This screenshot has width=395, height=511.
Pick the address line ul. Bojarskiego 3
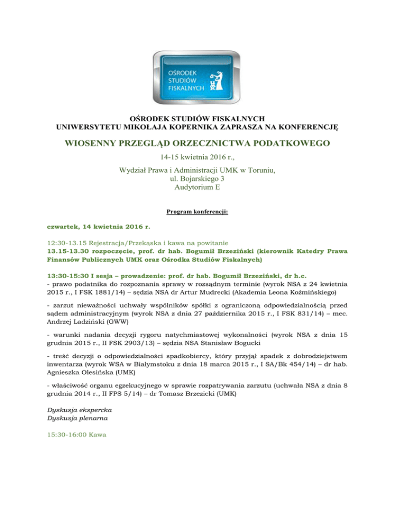coord(197,179)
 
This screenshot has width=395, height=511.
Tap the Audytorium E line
coord(197,188)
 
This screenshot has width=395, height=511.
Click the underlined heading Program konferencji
coord(197,211)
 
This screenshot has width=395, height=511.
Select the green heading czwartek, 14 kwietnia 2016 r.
coord(97,225)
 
